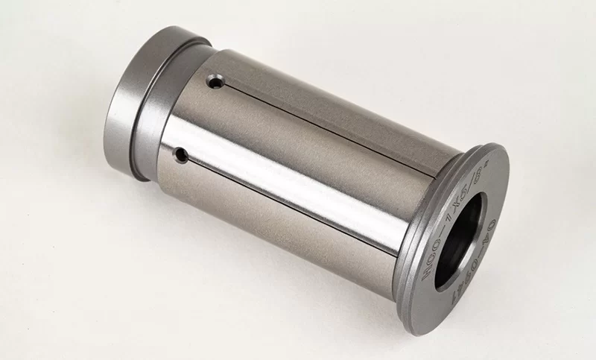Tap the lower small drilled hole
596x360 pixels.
pyautogui.click(x=180, y=154)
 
